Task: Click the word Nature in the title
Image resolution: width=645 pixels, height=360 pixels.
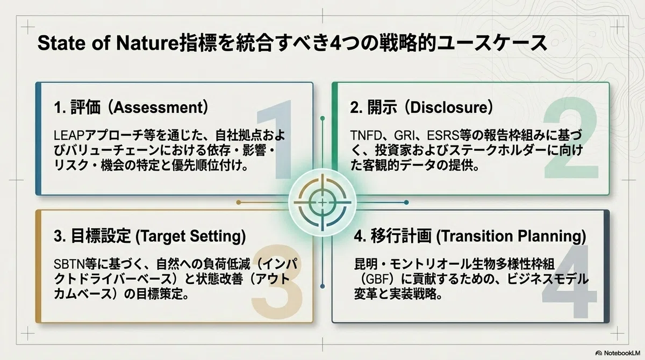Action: click(x=148, y=43)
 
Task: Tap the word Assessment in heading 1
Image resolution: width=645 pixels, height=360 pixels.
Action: click(x=159, y=107)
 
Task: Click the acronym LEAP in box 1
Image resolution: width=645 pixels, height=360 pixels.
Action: click(x=69, y=135)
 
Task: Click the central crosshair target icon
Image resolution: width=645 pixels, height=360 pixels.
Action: click(x=322, y=203)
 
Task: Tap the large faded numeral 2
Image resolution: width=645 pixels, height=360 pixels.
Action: click(x=571, y=137)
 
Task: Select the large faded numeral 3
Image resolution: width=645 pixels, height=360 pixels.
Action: click(x=277, y=281)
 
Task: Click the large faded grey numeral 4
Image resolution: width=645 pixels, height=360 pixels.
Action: click(x=570, y=281)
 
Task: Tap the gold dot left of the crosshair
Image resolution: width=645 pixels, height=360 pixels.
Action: click(x=239, y=203)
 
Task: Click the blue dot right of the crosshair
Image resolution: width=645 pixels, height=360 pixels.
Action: click(x=406, y=203)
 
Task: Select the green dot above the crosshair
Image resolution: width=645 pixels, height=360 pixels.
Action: click(x=322, y=118)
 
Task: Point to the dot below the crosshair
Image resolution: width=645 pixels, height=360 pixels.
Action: click(x=322, y=286)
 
